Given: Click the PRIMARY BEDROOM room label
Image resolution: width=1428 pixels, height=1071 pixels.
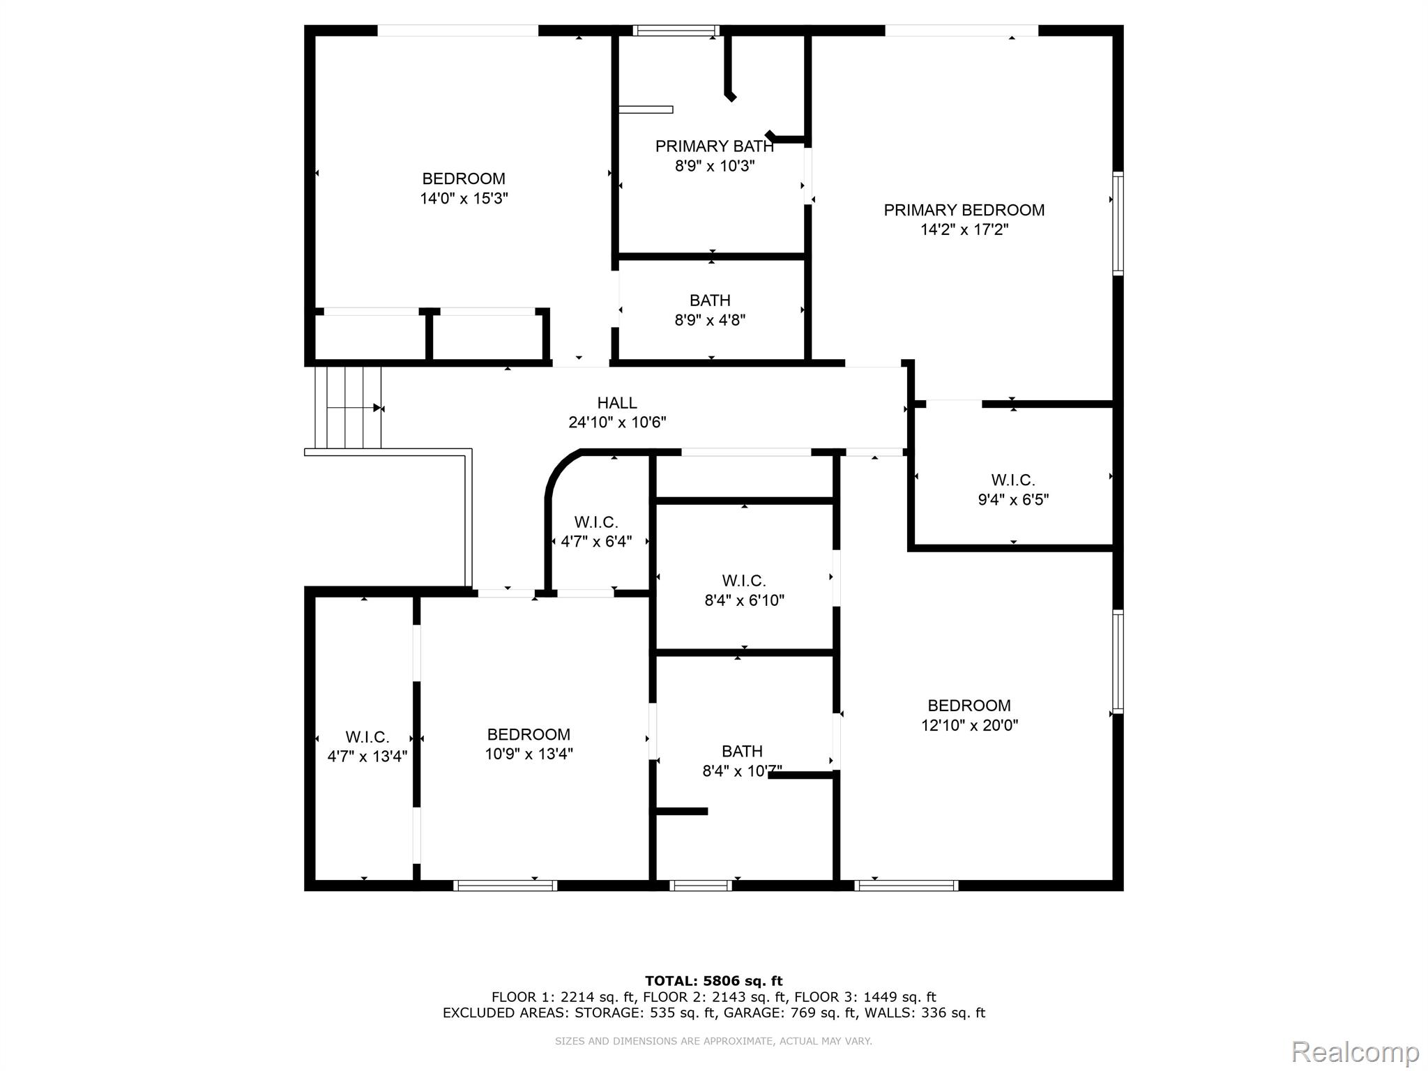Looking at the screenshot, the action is [x=964, y=210].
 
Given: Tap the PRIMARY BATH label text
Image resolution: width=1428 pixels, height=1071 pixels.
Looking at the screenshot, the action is [x=715, y=146].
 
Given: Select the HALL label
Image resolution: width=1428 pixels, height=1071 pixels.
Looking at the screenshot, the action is [x=617, y=403].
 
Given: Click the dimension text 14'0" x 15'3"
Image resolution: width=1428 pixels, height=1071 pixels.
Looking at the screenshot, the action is [x=464, y=199].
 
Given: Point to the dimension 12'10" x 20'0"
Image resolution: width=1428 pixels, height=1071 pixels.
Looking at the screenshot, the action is [x=969, y=725].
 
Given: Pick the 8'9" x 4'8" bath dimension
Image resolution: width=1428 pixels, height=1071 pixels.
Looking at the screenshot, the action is [x=711, y=321].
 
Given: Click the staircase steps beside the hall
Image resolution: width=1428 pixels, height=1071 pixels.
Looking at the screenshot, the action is [x=348, y=407].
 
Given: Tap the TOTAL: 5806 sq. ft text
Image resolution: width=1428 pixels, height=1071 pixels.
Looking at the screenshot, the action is [x=714, y=981].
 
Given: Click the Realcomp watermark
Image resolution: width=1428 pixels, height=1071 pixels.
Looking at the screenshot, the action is [x=1355, y=1051].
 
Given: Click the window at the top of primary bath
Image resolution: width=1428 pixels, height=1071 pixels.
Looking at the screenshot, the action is [x=676, y=30].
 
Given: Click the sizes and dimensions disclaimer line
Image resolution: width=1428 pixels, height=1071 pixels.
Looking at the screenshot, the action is [x=713, y=1041].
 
